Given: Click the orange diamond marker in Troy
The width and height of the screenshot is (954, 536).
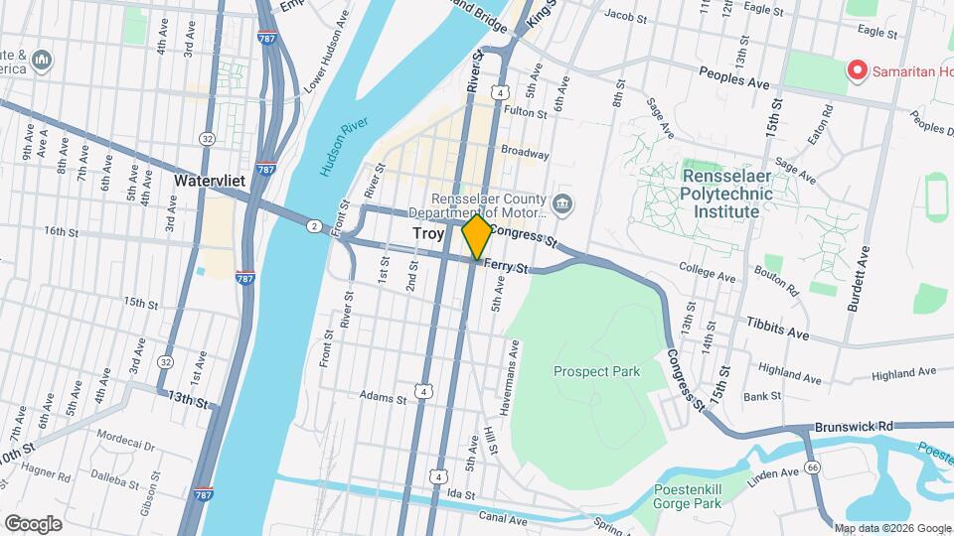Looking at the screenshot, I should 477,236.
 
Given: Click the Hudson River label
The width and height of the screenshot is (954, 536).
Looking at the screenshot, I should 344,146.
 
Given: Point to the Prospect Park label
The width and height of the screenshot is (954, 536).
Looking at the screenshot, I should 596,371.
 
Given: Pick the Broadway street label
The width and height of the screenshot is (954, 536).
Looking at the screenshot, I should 525,153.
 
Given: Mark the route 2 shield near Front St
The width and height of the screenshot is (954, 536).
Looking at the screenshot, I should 313,226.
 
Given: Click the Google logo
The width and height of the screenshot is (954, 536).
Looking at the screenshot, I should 33,523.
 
